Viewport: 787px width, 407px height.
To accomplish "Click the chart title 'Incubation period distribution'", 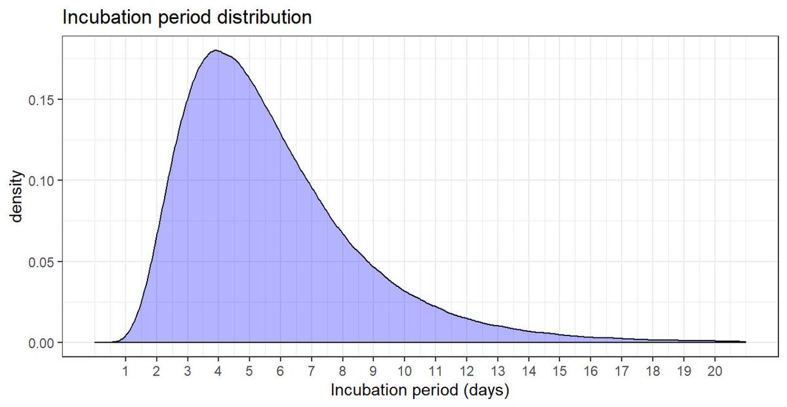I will pyautogui.click(x=186, y=18).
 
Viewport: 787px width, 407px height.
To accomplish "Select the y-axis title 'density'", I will pyautogui.click(x=19, y=196).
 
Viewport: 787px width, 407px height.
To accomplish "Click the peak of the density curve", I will pyautogui.click(x=215, y=51).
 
